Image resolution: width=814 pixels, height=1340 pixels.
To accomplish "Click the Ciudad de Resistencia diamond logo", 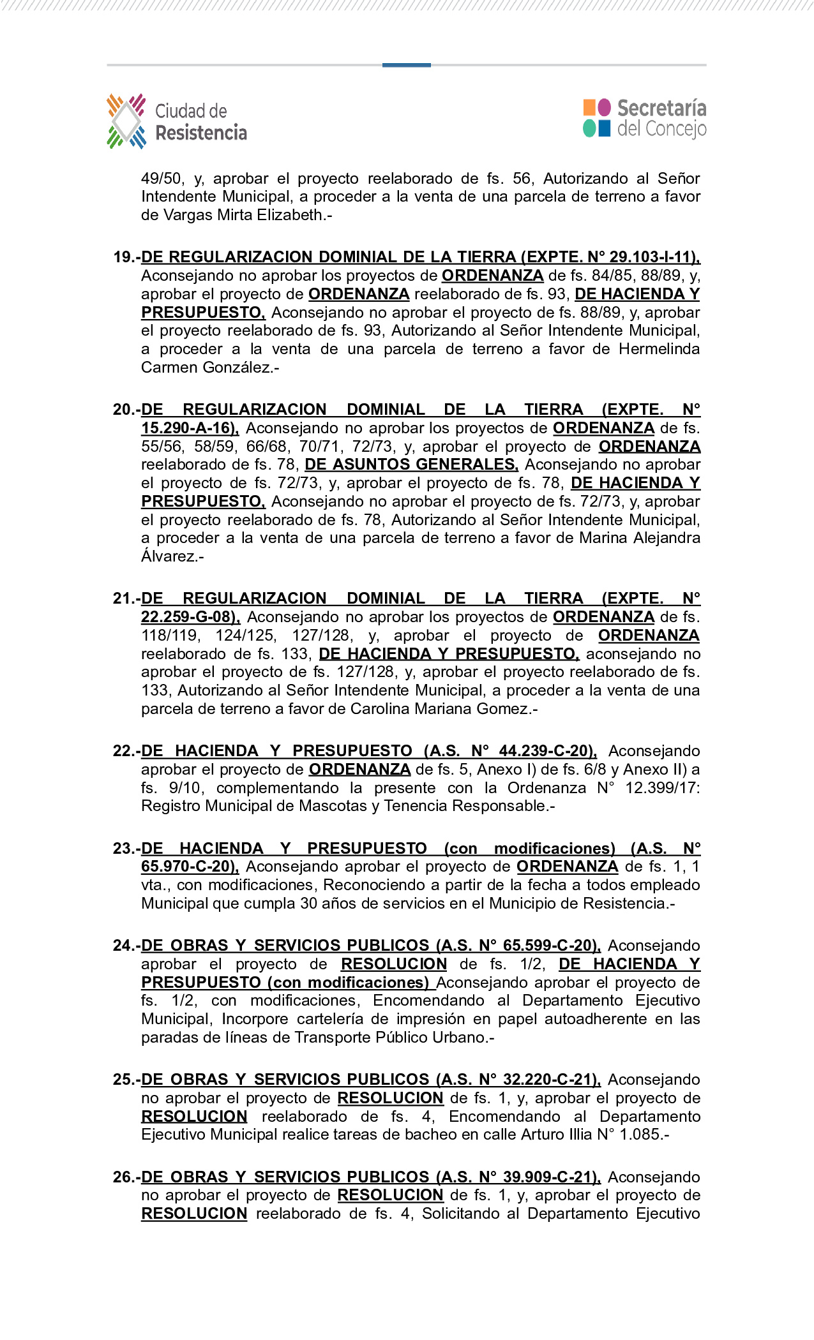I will click(x=126, y=121).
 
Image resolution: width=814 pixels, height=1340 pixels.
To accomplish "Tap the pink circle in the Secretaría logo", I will click(x=604, y=107).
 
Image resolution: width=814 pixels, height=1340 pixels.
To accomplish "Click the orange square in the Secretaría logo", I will click(x=589, y=107).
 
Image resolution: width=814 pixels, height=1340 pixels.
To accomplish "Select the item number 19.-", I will click(x=126, y=257).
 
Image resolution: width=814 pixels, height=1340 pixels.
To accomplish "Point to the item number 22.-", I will click(x=126, y=751).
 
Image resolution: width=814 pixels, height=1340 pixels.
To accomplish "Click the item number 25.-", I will click(x=126, y=1080).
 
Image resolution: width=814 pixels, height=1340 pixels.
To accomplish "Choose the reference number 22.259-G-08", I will click(x=189, y=617).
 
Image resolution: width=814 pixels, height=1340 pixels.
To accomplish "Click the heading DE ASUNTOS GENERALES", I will click(x=411, y=465).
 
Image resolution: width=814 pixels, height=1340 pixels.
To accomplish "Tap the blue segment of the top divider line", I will click(x=406, y=65).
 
